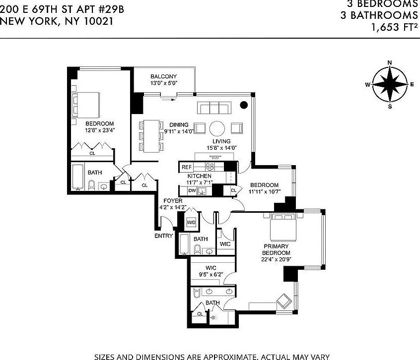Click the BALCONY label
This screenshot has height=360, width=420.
(x=164, y=76)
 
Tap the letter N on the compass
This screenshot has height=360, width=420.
(x=390, y=62)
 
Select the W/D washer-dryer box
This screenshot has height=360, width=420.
(x=191, y=223)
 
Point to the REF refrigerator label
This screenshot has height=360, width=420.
(x=186, y=167)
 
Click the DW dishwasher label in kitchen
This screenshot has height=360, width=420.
(x=192, y=190)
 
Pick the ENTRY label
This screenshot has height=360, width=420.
(x=163, y=236)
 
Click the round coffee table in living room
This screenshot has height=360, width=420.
(x=218, y=128)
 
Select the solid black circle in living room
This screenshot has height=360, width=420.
(x=244, y=105)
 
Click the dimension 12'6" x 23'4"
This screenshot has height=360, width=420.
(x=99, y=130)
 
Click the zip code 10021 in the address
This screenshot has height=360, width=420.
(x=96, y=21)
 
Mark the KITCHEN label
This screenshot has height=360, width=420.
(x=199, y=176)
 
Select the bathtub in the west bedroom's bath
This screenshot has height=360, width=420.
(x=77, y=177)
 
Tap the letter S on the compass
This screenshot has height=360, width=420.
(x=390, y=106)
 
